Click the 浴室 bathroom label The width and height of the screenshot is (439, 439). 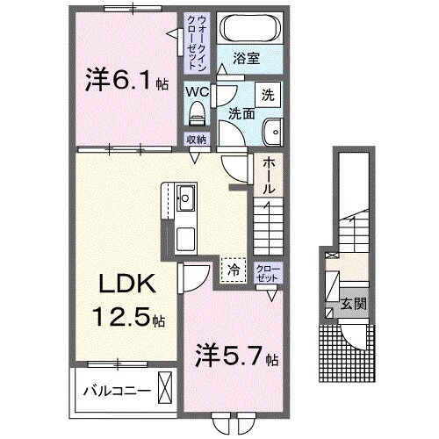pyautogui.click(x=247, y=59)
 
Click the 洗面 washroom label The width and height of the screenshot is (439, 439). pyautogui.click(x=242, y=112)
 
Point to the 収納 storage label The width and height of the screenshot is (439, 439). pyautogui.click(x=195, y=140)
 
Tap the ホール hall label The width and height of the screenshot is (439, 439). pyautogui.click(x=267, y=175)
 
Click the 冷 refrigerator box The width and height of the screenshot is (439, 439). pyautogui.click(x=233, y=270)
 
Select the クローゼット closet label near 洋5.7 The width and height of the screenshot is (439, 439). pyautogui.click(x=265, y=271)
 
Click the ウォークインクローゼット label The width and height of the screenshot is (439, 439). pyautogui.click(x=193, y=41)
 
